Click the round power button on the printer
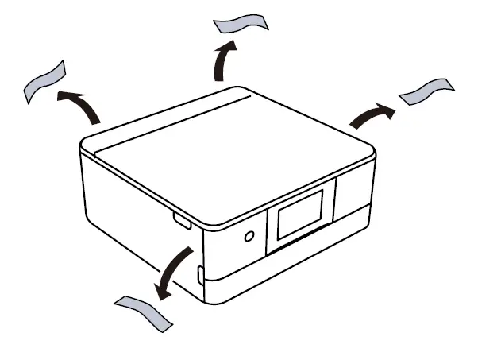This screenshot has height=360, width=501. (x=249, y=236)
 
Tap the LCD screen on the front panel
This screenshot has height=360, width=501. (x=300, y=216)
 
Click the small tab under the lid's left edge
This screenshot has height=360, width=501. (x=180, y=220)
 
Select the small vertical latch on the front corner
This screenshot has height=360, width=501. (x=199, y=274)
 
